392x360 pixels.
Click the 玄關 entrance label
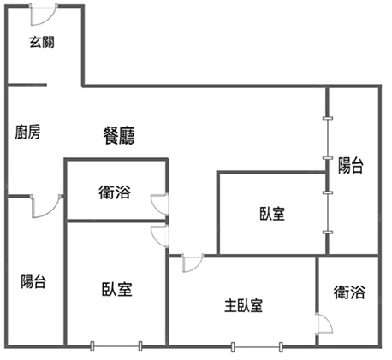tap(42, 42)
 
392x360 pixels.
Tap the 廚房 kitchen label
tap(27, 132)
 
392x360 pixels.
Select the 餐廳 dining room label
tap(119, 136)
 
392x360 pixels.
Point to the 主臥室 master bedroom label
tap(243, 305)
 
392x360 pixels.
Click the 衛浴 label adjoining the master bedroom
tap(349, 292)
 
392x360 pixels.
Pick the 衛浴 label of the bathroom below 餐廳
tap(115, 192)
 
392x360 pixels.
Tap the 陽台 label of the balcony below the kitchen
tap(33, 281)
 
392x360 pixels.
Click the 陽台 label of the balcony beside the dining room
tap(351, 166)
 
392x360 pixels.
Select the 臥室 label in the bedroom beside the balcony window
tap(272, 214)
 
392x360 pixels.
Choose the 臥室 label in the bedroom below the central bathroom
tap(116, 289)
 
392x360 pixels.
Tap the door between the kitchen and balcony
tap(46, 206)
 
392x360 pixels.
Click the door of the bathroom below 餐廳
tap(160, 204)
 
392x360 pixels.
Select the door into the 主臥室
tap(193, 263)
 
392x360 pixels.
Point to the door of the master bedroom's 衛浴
tap(324, 324)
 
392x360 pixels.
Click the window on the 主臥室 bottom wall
tap(257, 347)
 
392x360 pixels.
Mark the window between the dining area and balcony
tap(328, 138)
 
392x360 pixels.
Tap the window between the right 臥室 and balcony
tap(328, 212)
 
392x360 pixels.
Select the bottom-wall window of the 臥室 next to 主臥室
tap(116, 346)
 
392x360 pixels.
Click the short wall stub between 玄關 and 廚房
tap(27, 85)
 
